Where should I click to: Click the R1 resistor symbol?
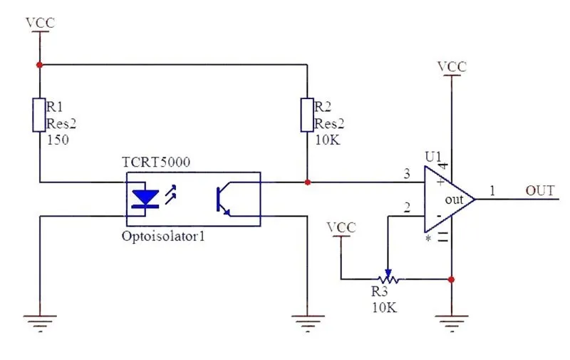coord(39,115)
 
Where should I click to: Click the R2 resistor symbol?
coord(307,115)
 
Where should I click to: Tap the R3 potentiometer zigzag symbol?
coord(388,279)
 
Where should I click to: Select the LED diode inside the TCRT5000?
coord(145,199)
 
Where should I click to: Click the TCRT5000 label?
coord(156,162)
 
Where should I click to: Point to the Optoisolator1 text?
coord(163,237)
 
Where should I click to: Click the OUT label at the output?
coord(540,190)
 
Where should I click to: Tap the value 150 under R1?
coord(58,140)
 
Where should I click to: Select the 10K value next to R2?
coord(328,140)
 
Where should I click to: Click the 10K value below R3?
coord(384,308)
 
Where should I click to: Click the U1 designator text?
coord(433,157)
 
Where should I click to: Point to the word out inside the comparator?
coord(455,200)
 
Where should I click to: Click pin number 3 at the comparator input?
coord(407,173)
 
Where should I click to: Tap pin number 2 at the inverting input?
coord(407,207)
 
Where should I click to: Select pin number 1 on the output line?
coord(492,190)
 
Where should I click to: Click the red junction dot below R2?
coord(308,182)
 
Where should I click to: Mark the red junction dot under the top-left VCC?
coord(39,65)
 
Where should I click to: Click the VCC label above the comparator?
coord(452,67)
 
